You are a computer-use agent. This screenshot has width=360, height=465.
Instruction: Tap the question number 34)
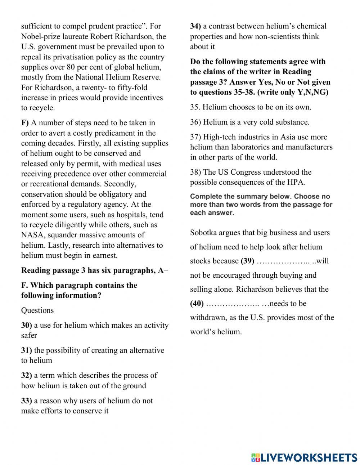tap(195, 26)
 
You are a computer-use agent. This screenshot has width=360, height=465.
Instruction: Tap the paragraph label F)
tap(25, 123)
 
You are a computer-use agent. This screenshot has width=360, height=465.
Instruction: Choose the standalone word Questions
tap(37, 310)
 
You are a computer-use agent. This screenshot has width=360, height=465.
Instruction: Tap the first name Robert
tap(102, 36)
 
